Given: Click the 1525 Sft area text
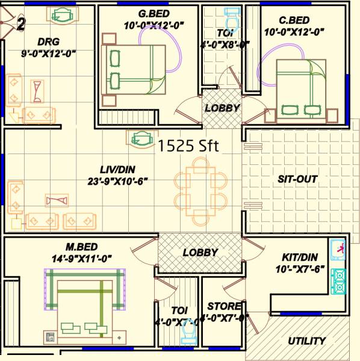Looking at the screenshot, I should click(x=187, y=145).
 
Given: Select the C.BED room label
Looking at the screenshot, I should click(x=294, y=20).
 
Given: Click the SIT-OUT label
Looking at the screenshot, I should click(x=297, y=179).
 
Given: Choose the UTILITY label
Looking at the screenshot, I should click(x=306, y=341).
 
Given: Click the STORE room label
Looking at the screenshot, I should click(x=225, y=306).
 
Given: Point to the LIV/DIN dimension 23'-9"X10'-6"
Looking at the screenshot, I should click(x=116, y=180).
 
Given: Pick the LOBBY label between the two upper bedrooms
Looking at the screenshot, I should click(x=222, y=108).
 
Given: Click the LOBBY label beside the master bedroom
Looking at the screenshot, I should click(x=200, y=253).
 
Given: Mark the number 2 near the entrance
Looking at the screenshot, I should click(x=21, y=25).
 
